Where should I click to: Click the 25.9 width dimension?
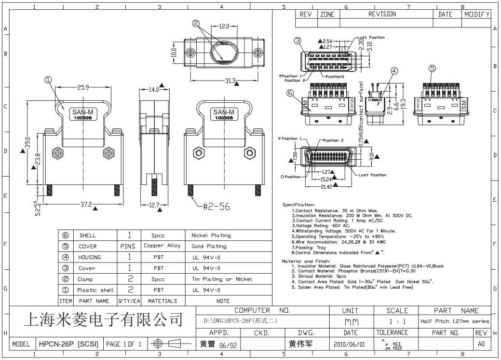pos(83,88)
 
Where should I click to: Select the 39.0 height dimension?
pos(27,143)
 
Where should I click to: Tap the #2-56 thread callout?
pos(216,207)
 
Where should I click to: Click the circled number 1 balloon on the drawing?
pos(48,80)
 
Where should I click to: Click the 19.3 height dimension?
pos(403,103)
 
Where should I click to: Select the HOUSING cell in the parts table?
pos(90,257)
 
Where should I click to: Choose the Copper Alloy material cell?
pos(162,246)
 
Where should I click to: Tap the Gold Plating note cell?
pos(209,246)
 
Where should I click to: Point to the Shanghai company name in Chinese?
pos(103,319)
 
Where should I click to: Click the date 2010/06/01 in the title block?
pos(350,344)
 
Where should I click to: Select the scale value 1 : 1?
pos(397,321)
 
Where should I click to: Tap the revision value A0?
pos(481,344)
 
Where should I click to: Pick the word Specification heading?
pos(298,205)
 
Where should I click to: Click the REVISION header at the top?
pos(382,14)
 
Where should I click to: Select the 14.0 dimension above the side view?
pos(154,89)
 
